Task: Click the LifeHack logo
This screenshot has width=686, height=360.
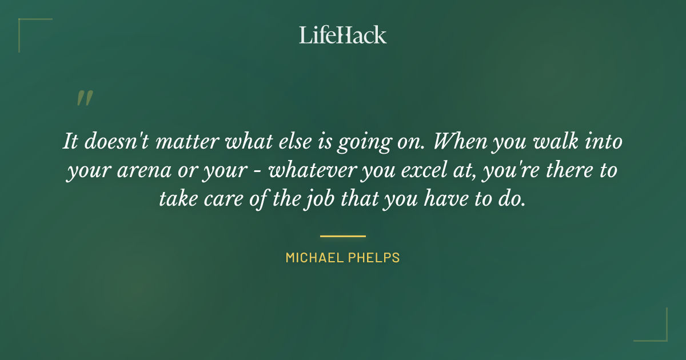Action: pyautogui.click(x=343, y=35)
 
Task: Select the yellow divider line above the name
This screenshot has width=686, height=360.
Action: pyautogui.click(x=343, y=235)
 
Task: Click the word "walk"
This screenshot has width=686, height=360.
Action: pyautogui.click(x=557, y=142)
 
